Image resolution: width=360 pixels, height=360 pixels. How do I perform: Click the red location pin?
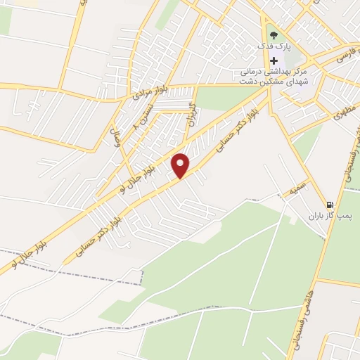click(x=181, y=165)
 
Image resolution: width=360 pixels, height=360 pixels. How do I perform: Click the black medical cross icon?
click(x=274, y=60)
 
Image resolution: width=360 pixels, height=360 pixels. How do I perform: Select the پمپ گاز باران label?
click(x=321, y=216)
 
